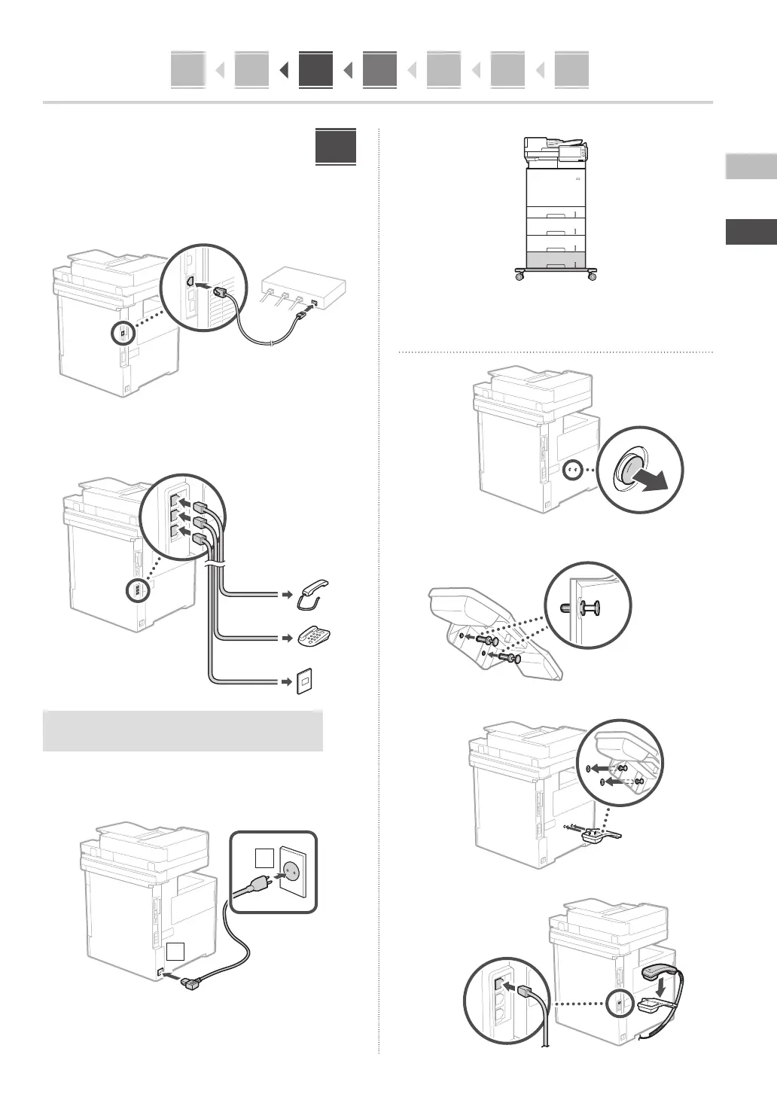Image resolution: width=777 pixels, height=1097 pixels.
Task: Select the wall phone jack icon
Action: [x=305, y=681]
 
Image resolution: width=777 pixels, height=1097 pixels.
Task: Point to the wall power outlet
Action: [x=291, y=869]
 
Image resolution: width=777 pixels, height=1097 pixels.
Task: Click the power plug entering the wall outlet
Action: [x=256, y=885]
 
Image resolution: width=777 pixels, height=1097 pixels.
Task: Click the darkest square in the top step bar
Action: [x=315, y=70]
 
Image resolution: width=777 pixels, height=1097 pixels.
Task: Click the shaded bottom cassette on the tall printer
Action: [x=556, y=261]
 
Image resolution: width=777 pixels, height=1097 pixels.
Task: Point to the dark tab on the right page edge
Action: [x=751, y=232]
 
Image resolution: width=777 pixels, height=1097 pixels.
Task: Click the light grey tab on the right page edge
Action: [x=751, y=166]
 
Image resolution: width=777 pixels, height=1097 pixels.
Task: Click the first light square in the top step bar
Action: [x=187, y=70]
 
